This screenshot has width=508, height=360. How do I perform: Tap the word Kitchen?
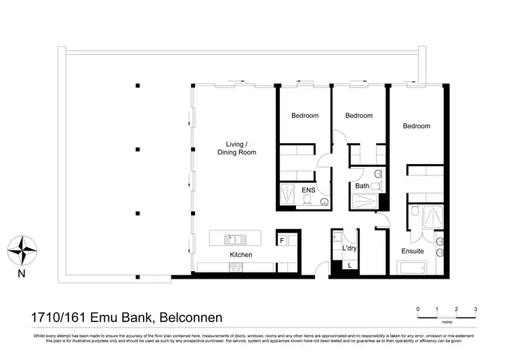[x=241, y=255]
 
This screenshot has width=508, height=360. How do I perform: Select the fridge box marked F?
[x=282, y=240]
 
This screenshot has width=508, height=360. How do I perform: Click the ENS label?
[x=308, y=191]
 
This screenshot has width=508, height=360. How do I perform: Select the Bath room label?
[x=362, y=186]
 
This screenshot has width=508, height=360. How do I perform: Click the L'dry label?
[x=350, y=249]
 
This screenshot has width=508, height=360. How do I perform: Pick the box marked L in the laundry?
[x=350, y=265]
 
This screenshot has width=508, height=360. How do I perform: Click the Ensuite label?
[x=412, y=251]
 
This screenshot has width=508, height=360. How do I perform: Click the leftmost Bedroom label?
[x=305, y=116]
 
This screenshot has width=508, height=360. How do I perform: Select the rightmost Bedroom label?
[x=416, y=126]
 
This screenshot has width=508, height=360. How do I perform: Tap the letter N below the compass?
[x=22, y=274]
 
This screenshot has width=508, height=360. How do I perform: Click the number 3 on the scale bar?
[x=475, y=308]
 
